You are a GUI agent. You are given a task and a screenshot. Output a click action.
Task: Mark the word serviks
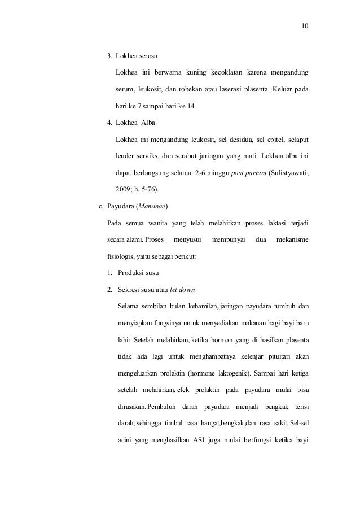click(154, 155)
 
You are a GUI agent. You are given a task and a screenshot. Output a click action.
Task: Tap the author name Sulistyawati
click(288, 171)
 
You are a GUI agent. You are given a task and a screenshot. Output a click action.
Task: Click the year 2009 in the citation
click(124, 188)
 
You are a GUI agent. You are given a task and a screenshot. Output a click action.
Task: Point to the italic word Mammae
click(160, 204)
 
